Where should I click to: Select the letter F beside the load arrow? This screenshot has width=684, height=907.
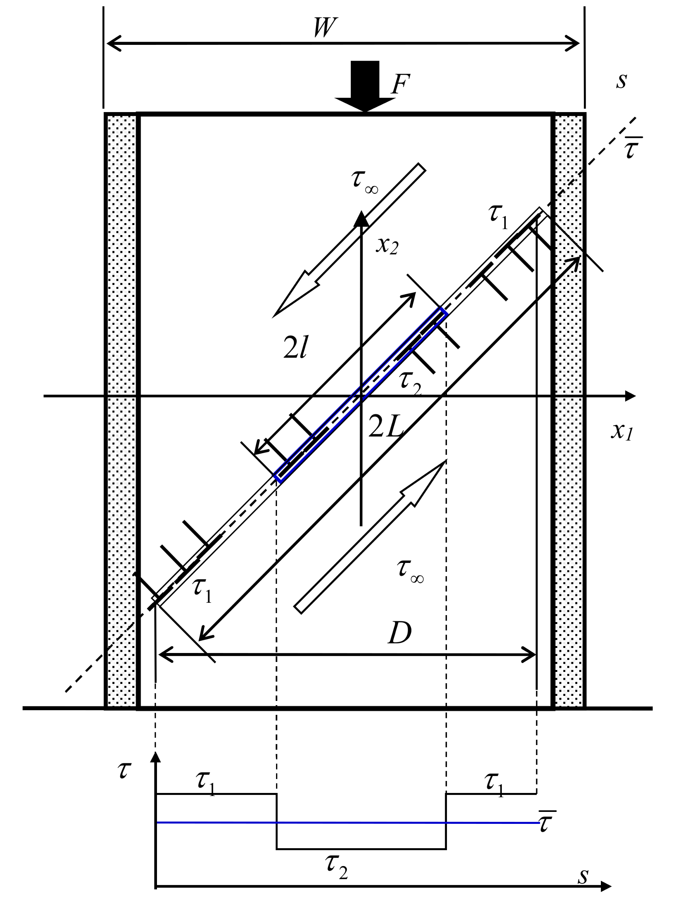tap(400, 85)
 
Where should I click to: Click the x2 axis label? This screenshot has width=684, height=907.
tap(387, 246)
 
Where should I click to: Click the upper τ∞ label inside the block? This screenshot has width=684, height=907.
tap(364, 181)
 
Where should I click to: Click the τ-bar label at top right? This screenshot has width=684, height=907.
tap(632, 148)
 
